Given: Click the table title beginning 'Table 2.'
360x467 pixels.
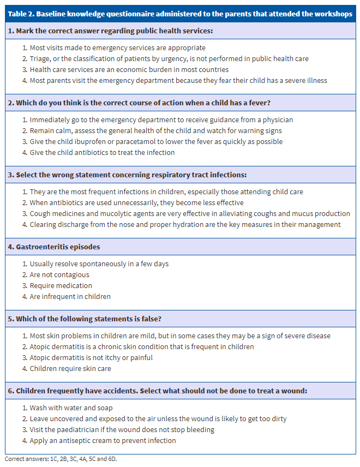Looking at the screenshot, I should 180,14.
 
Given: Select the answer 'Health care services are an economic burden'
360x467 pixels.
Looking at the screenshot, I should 129,70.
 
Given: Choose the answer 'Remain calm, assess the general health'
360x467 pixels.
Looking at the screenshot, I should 155,131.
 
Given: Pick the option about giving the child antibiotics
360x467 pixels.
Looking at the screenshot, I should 102,153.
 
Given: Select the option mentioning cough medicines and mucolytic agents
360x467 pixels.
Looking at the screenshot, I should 190,214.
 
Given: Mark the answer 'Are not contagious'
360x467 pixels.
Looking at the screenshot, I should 59,275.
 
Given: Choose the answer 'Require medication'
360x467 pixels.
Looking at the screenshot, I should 61,286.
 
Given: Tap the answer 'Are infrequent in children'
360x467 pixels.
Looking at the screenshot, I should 70,297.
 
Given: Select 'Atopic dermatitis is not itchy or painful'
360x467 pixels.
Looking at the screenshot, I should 91,358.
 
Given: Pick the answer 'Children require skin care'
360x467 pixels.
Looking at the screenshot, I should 70,369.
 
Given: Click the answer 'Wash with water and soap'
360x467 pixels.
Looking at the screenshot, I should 71,408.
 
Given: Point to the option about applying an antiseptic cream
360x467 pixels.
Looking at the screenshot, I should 103,441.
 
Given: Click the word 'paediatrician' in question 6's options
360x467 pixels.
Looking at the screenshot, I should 74,430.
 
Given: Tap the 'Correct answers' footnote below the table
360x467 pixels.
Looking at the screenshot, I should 61,459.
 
